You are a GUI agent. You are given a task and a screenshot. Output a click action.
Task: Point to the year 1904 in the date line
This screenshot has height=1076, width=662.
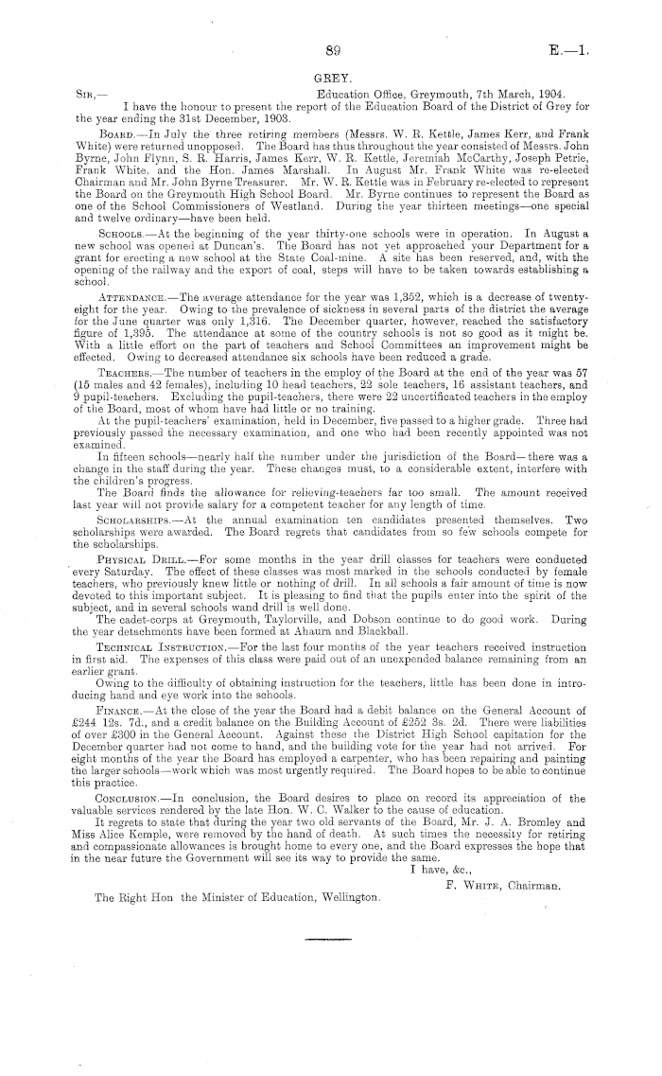[546, 94]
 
